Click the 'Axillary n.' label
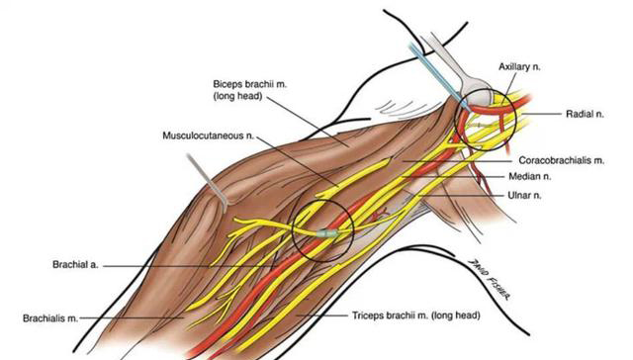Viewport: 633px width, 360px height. [x=519, y=67]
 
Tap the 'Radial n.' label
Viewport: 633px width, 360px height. [x=585, y=114]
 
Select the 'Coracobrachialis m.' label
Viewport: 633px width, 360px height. [x=562, y=160]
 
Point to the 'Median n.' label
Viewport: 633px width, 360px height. [x=530, y=176]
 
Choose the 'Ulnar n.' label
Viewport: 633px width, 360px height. [x=524, y=196]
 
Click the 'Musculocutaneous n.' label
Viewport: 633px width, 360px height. [x=209, y=135]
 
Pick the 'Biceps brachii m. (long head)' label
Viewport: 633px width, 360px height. [x=250, y=90]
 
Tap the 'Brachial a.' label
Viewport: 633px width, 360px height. [x=75, y=265]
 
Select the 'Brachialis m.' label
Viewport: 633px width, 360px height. [x=50, y=318]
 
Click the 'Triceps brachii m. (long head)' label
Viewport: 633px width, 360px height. [x=416, y=315]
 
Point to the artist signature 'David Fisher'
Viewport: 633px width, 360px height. [x=489, y=280]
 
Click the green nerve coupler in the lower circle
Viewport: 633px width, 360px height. [x=326, y=233]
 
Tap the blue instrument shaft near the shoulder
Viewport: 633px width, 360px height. [x=437, y=76]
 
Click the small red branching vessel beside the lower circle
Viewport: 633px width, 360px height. [x=380, y=214]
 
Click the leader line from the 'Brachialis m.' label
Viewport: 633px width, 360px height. [x=133, y=318]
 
